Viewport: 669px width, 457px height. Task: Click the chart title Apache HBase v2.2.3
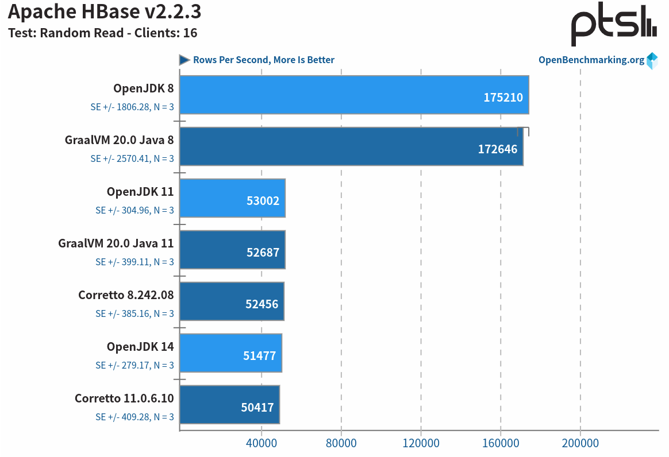pos(104,11)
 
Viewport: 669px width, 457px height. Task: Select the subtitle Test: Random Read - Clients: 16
pos(102,33)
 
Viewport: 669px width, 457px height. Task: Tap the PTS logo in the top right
pos(613,25)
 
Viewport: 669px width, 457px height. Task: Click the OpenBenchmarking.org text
pos(591,60)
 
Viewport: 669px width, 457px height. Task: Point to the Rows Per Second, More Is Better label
pos(263,60)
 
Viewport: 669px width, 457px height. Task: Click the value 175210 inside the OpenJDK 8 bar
pos(503,98)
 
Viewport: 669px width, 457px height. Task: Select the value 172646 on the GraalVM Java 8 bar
pos(497,149)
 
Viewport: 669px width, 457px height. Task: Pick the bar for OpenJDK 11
pos(232,198)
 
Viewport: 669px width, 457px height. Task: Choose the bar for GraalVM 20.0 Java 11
pos(232,250)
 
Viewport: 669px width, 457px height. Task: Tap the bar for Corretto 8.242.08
pos(232,301)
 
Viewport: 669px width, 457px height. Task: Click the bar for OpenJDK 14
pos(230,353)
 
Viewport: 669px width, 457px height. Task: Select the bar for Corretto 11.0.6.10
pos(229,405)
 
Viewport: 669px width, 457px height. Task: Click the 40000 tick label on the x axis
pos(262,443)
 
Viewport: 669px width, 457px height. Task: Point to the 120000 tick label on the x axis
pos(421,443)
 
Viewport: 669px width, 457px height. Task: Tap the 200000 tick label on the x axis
pos(580,443)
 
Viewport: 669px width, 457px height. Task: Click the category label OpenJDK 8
pos(143,88)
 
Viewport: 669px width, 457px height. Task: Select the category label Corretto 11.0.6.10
pos(124,398)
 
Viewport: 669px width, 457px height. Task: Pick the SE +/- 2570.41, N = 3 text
pos(132,158)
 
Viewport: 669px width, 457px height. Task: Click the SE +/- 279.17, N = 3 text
pos(134,365)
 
